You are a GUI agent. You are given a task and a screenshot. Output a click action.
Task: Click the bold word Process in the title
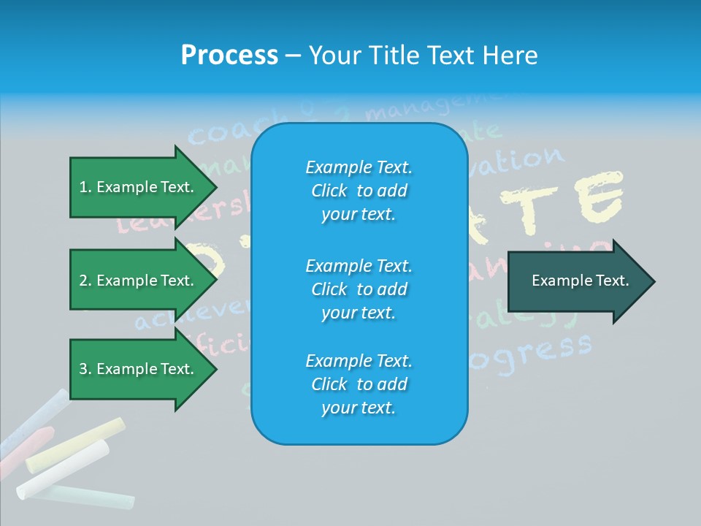229,56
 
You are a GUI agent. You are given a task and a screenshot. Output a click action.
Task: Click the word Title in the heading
394,56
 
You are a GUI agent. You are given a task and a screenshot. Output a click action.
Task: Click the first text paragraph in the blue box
359,191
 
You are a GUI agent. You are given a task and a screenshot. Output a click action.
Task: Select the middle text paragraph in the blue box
359,289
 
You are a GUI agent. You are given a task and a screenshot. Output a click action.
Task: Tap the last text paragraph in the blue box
359,384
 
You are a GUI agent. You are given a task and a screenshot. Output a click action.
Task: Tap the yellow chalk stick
75,444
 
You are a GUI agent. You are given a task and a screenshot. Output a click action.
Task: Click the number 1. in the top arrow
85,187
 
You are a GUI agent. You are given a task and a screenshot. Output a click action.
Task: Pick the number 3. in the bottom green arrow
85,369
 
